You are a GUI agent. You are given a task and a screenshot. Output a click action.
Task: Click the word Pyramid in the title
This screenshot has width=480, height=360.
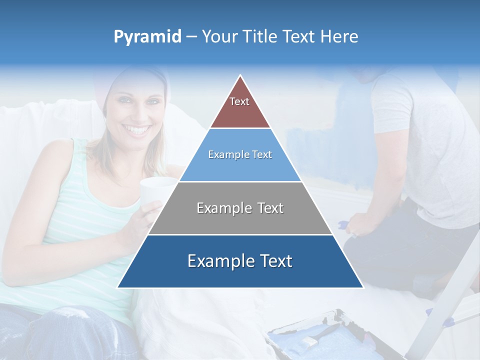147,37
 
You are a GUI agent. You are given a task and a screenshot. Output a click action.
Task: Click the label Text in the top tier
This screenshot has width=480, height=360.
239,101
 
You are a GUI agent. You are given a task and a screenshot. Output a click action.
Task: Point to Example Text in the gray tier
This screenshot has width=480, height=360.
240,208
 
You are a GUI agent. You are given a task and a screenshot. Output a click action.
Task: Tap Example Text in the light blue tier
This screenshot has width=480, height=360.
240,154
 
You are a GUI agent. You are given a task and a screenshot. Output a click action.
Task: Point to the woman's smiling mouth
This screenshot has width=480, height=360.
137,131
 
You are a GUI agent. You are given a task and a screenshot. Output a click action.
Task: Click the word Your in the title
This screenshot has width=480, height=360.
220,37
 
